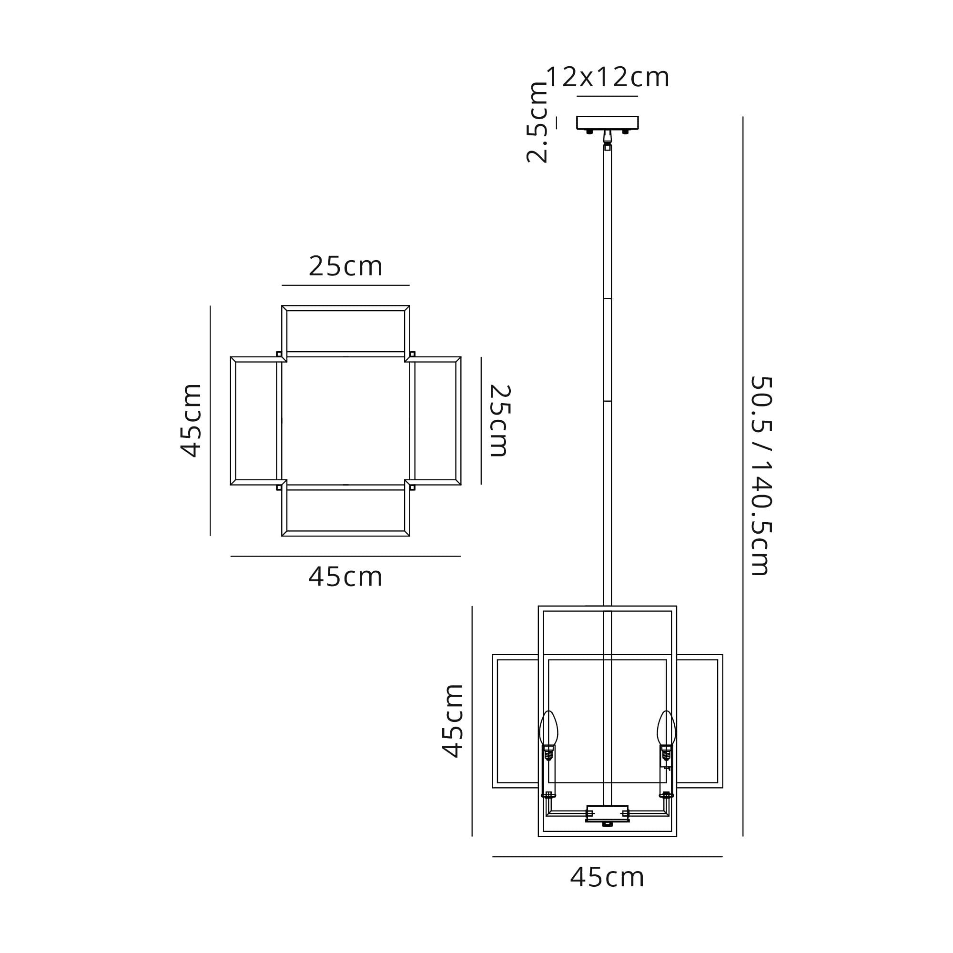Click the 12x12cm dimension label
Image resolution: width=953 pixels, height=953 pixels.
(607, 78)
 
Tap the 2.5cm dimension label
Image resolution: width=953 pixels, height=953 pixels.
(537, 122)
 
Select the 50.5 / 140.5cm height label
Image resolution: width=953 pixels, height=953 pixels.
(760, 476)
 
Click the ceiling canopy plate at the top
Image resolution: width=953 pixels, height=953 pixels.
(607, 122)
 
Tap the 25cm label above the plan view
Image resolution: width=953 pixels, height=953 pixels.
(345, 266)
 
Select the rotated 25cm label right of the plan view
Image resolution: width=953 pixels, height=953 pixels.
(499, 421)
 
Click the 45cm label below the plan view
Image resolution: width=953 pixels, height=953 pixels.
(345, 577)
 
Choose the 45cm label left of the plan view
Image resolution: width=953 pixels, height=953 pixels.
(191, 420)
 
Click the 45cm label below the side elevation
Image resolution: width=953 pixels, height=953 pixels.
(607, 891)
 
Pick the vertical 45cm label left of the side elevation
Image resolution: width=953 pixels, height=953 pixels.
(452, 720)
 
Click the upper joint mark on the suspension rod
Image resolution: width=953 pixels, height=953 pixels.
(607, 299)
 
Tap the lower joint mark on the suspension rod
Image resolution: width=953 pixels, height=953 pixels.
(607, 402)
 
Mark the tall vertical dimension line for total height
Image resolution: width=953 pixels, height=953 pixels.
(742, 476)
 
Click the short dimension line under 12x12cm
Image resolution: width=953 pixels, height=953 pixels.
(607, 96)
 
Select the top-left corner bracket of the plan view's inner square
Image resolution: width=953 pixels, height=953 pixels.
(279, 354)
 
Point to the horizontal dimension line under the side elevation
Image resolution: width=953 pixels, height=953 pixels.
(607, 857)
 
